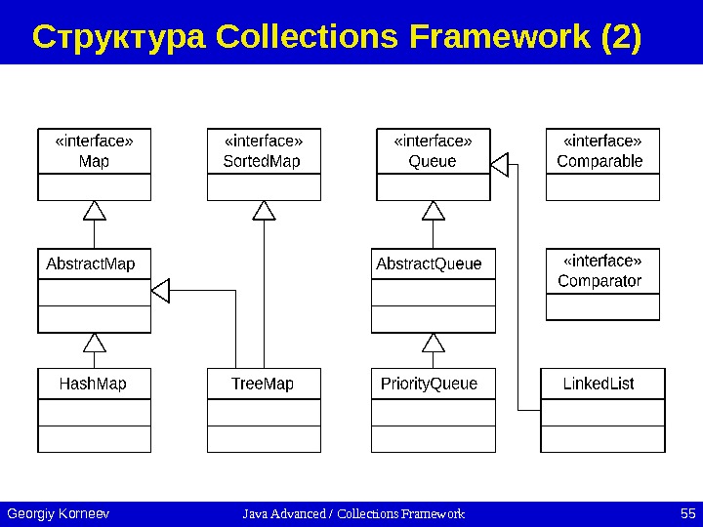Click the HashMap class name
tap(93, 384)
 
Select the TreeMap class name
tap(263, 384)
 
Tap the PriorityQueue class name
tap(430, 384)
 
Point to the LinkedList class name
tap(599, 384)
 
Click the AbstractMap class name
tap(91, 263)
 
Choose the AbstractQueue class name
tap(429, 263)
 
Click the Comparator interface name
tap(600, 281)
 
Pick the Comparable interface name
tap(600, 161)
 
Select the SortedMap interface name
tap(262, 161)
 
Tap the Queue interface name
tap(433, 161)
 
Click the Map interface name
tap(94, 161)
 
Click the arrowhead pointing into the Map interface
tap(94, 209)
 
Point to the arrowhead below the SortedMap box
tap(264, 209)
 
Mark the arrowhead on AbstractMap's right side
tap(161, 290)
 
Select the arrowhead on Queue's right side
tap(500, 165)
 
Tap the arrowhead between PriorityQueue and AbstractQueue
tap(434, 342)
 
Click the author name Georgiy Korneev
tap(58, 513)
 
